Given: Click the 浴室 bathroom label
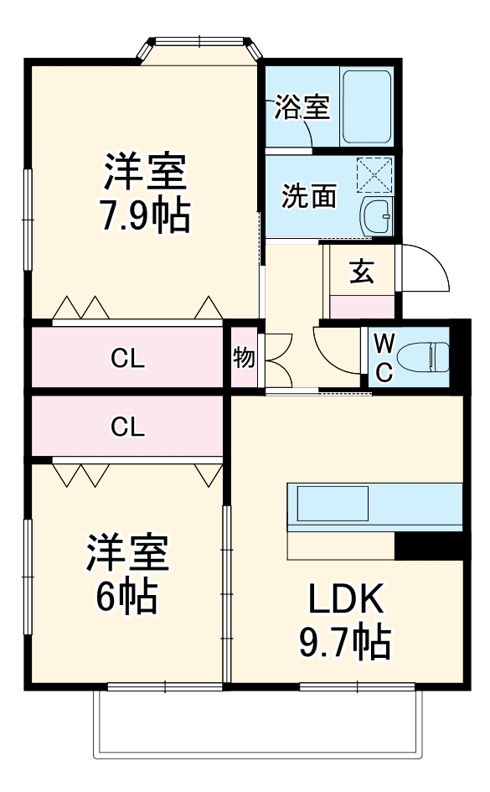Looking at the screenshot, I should pyautogui.click(x=302, y=107).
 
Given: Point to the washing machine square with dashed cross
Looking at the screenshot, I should pyautogui.click(x=374, y=177).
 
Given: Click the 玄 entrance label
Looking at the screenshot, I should pyautogui.click(x=361, y=272).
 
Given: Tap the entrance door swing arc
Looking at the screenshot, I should pyautogui.click(x=426, y=268).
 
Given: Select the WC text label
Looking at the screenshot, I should pyautogui.click(x=382, y=356).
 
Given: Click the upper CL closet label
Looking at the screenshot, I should pyautogui.click(x=128, y=358).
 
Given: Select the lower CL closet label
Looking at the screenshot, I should pyautogui.click(x=128, y=427).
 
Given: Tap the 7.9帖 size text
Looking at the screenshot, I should pyautogui.click(x=144, y=216).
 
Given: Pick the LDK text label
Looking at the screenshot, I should pyautogui.click(x=345, y=600).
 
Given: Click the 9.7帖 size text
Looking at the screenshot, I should pyautogui.click(x=345, y=643).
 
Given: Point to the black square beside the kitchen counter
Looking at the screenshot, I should pyautogui.click(x=428, y=546).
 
